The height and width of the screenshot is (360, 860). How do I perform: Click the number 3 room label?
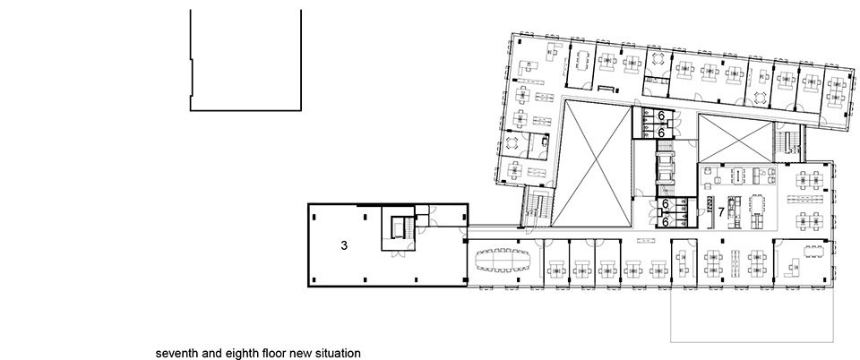[x=344, y=245]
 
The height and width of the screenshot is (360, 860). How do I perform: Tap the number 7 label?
[x=722, y=211]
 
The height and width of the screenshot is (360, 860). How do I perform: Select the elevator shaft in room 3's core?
[x=398, y=227]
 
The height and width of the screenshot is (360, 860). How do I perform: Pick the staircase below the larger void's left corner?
[x=537, y=207]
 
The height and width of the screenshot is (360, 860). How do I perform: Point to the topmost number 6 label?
[x=661, y=116]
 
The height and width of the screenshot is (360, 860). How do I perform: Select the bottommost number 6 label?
[x=665, y=222]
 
